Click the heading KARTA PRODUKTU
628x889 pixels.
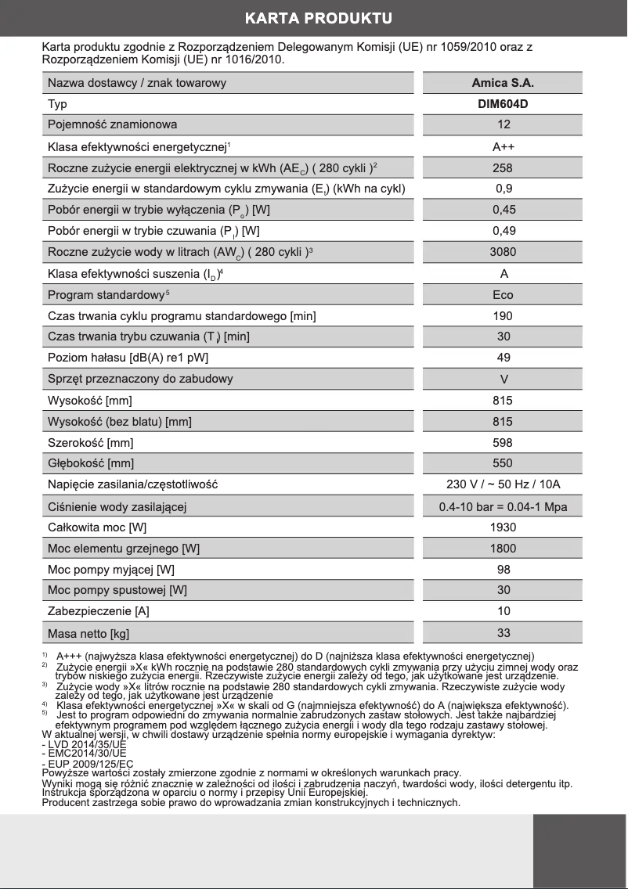tap(317, 18)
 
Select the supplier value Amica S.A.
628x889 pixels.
tap(503, 83)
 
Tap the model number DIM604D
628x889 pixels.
tap(503, 104)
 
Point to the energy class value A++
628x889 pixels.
tap(503, 146)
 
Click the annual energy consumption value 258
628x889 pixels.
tap(503, 167)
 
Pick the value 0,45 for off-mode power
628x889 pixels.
tap(503, 210)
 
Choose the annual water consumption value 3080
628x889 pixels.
tap(503, 252)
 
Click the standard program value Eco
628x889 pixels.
tap(503, 295)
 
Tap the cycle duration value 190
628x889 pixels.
tap(503, 316)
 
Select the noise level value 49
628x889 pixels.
tap(503, 358)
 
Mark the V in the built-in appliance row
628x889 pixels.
tap(503, 379)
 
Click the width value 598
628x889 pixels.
tap(503, 442)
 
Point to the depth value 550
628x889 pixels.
tap(503, 463)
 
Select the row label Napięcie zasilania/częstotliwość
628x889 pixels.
tap(132, 484)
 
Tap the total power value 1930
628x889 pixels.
tap(503, 527)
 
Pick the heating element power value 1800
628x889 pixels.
tap(503, 549)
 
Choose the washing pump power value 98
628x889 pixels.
tap(503, 569)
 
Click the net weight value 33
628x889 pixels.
tap(503, 633)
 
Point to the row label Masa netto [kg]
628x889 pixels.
tap(88, 633)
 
